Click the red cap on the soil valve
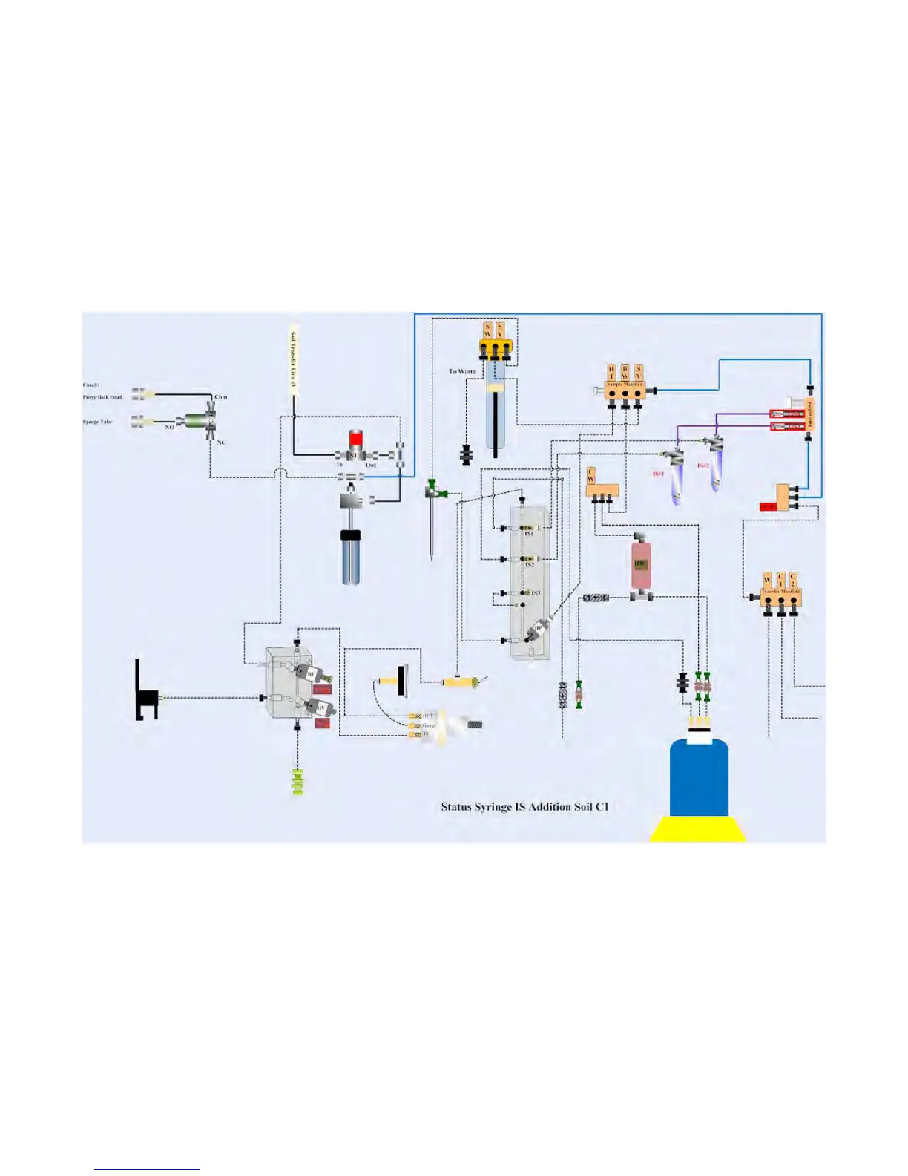click(x=356, y=438)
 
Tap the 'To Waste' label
click(x=462, y=371)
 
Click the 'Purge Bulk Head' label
click(x=102, y=397)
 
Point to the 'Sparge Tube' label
click(x=97, y=422)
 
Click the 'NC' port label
click(x=221, y=442)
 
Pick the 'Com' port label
click(x=221, y=397)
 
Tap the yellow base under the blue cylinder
click(x=698, y=829)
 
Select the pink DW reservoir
click(x=640, y=565)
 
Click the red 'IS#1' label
click(x=658, y=474)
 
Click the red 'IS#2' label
click(x=703, y=466)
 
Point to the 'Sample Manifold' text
click(x=625, y=385)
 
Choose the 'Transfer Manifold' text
click(x=781, y=592)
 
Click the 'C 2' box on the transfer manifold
click(x=793, y=581)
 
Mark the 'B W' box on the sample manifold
click(x=625, y=372)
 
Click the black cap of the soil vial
click(x=351, y=535)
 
